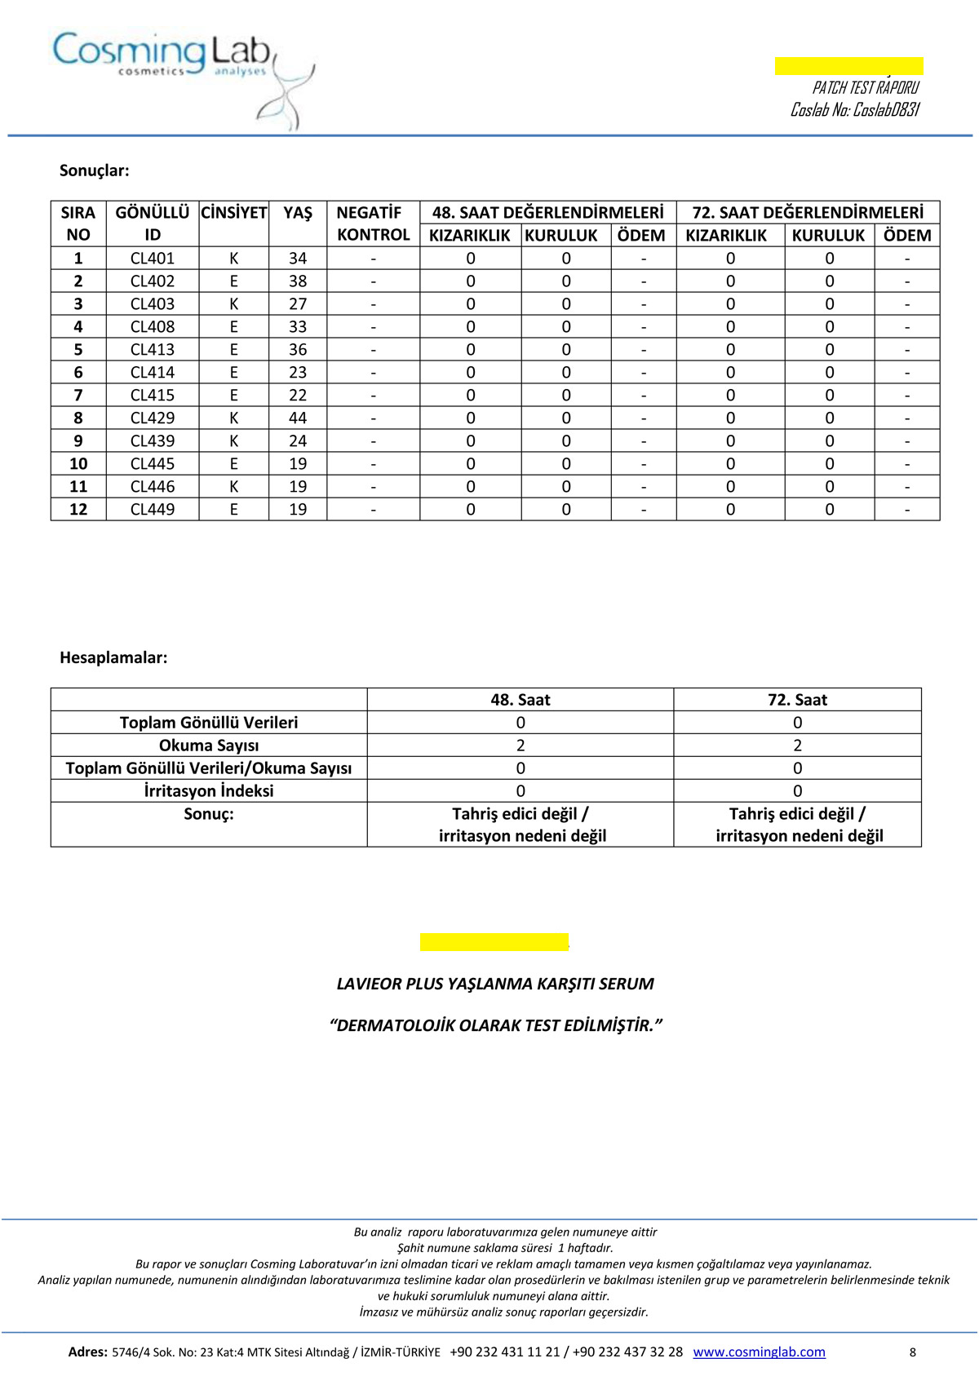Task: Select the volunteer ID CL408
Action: pyautogui.click(x=153, y=326)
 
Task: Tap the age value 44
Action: pyautogui.click(x=298, y=418)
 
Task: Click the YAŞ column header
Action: pyautogui.click(x=298, y=213)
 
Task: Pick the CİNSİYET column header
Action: pyautogui.click(x=234, y=213)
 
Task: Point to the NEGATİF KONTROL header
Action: pyautogui.click(x=373, y=223)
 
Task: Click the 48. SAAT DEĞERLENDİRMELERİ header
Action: pyautogui.click(x=547, y=213)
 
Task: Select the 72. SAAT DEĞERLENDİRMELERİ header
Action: pyautogui.click(x=808, y=213)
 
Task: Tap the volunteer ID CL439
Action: pyautogui.click(x=153, y=440)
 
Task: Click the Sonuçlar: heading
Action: pyautogui.click(x=95, y=170)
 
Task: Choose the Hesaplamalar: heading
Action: pyautogui.click(x=113, y=657)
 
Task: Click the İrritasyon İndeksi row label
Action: pyautogui.click(x=209, y=790)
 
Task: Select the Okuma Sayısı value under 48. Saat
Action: pyautogui.click(x=521, y=745)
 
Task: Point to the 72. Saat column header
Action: pyautogui.click(x=797, y=699)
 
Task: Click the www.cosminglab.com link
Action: pyautogui.click(x=759, y=1352)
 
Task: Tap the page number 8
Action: pyautogui.click(x=912, y=1352)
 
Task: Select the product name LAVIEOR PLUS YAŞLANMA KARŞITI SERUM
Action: pyautogui.click(x=495, y=984)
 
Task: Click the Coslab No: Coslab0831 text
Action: pyautogui.click(x=854, y=109)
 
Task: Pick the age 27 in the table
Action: pyautogui.click(x=298, y=303)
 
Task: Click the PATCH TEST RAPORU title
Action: pyautogui.click(x=865, y=87)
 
